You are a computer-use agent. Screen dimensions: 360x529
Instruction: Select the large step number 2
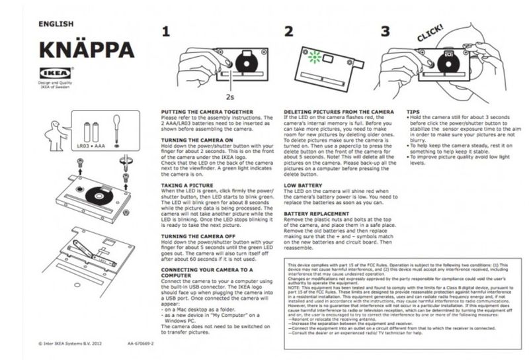(289, 31)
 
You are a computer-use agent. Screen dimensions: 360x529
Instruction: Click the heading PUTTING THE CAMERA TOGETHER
(207, 112)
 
